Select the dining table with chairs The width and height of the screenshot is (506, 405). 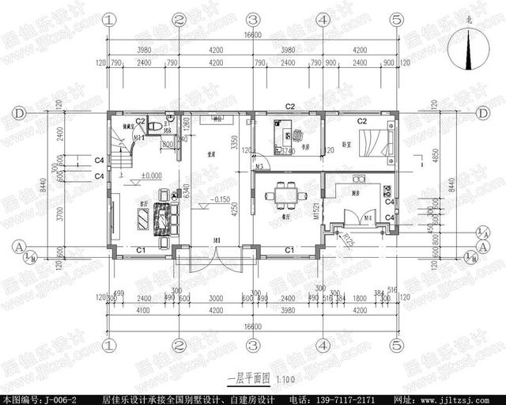[x=283, y=193]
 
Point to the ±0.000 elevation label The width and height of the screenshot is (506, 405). [x=151, y=176]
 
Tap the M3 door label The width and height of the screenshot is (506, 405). [x=259, y=166]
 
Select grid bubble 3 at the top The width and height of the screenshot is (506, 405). [x=252, y=18]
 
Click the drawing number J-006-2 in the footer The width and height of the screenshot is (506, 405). [x=55, y=397]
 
